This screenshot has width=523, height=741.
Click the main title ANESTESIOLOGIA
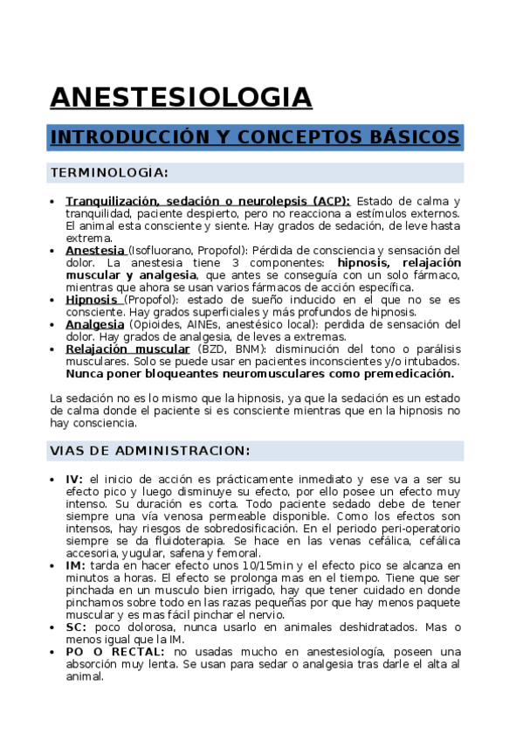[x=181, y=97]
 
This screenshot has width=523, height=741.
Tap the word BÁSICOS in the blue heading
[x=416, y=138]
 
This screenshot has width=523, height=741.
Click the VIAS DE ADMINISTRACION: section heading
[x=150, y=451]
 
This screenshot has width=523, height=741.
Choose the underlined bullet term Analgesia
[x=94, y=324]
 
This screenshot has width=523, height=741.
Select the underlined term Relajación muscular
[x=127, y=349]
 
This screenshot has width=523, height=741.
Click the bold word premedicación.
[x=403, y=373]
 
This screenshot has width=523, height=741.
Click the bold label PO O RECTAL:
[x=116, y=651]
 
